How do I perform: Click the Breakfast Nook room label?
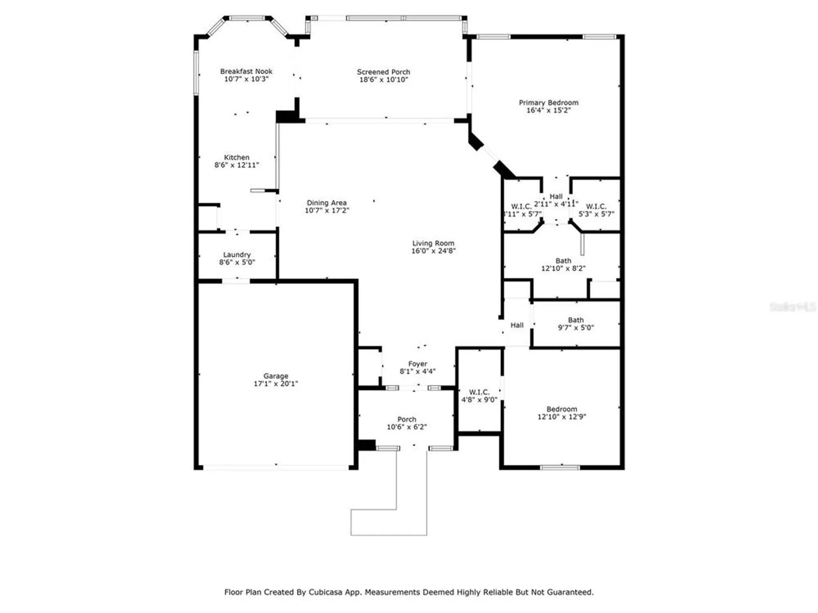click(x=246, y=72)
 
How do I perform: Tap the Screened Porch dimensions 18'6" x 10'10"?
click(x=383, y=80)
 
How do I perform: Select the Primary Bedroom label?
click(x=548, y=103)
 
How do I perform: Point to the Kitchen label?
click(x=236, y=157)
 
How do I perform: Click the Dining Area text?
click(x=326, y=203)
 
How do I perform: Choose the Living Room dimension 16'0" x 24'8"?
click(x=433, y=251)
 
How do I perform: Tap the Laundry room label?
click(x=237, y=255)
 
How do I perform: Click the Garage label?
click(x=276, y=376)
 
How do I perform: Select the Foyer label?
click(x=418, y=364)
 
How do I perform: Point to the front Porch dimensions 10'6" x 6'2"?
click(x=407, y=427)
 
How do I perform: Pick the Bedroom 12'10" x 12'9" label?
click(x=562, y=409)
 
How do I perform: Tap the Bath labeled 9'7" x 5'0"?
click(x=575, y=320)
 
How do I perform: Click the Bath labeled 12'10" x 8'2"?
click(x=563, y=261)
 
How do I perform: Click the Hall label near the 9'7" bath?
click(x=517, y=325)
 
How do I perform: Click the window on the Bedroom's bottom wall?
click(x=560, y=467)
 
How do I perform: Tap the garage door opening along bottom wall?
click(x=276, y=467)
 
